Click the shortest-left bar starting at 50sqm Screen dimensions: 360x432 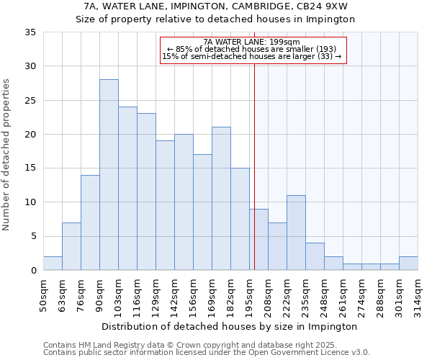pos(53,264)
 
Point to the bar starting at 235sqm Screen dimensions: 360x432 pos(315,256)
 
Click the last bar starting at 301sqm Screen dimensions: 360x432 pos(408,264)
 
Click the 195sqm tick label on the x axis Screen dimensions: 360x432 pos(249,294)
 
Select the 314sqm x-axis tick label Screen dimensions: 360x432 pos(418,294)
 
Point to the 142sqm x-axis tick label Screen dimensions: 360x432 pos(174,294)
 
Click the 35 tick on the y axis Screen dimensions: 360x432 pos(31,32)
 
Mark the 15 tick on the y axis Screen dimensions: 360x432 pos(31,168)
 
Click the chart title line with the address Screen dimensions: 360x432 pos(216,6)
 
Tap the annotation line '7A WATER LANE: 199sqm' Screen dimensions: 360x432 pos(251,42)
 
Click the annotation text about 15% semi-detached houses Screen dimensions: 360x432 pos(251,56)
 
